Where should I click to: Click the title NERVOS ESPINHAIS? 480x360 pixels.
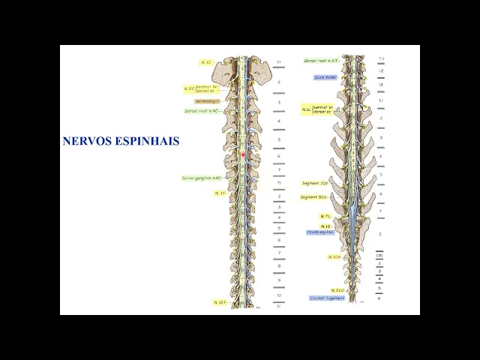(121, 140)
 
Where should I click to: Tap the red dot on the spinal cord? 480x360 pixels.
(243, 154)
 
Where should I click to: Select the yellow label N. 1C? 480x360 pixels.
(205, 61)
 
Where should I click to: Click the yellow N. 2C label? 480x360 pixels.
(189, 88)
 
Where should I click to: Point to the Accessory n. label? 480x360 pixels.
(207, 100)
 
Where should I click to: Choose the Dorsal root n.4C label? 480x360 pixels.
(202, 111)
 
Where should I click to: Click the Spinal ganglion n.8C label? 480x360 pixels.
(202, 178)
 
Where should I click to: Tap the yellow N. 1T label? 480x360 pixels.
(220, 193)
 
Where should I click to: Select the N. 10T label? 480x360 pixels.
(220, 302)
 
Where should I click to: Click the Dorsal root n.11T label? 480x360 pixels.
(321, 60)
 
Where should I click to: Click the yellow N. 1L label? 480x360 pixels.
(307, 109)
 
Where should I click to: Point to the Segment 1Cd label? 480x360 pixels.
(315, 183)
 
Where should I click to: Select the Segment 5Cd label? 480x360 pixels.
(314, 197)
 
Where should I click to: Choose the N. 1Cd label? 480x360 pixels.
(334, 256)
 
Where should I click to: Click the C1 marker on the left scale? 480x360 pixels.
(278, 61)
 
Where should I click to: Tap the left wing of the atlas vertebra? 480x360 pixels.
(223, 71)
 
